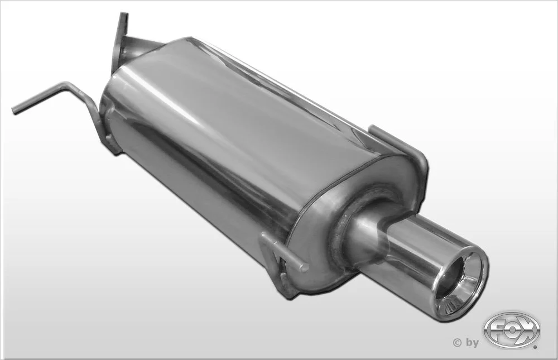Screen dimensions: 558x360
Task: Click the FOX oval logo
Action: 512,329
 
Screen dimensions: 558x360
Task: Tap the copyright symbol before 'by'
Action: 458,343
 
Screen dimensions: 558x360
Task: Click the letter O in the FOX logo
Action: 511,329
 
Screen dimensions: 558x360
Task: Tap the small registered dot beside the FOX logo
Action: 537,346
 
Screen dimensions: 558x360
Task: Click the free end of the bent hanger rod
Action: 15,110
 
